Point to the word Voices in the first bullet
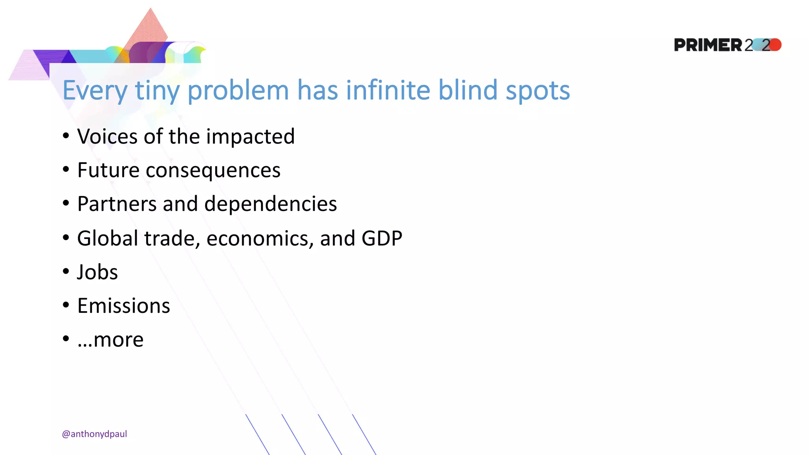pos(107,137)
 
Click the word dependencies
pos(271,204)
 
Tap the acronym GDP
pos(382,239)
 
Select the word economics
pos(260,239)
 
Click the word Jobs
pos(98,273)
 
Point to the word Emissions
pos(124,306)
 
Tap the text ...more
pos(111,340)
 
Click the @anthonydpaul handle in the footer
pos(94,434)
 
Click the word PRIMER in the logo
pos(708,45)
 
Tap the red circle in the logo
pos(775,45)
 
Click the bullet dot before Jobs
pos(66,271)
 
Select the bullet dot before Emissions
pos(66,305)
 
